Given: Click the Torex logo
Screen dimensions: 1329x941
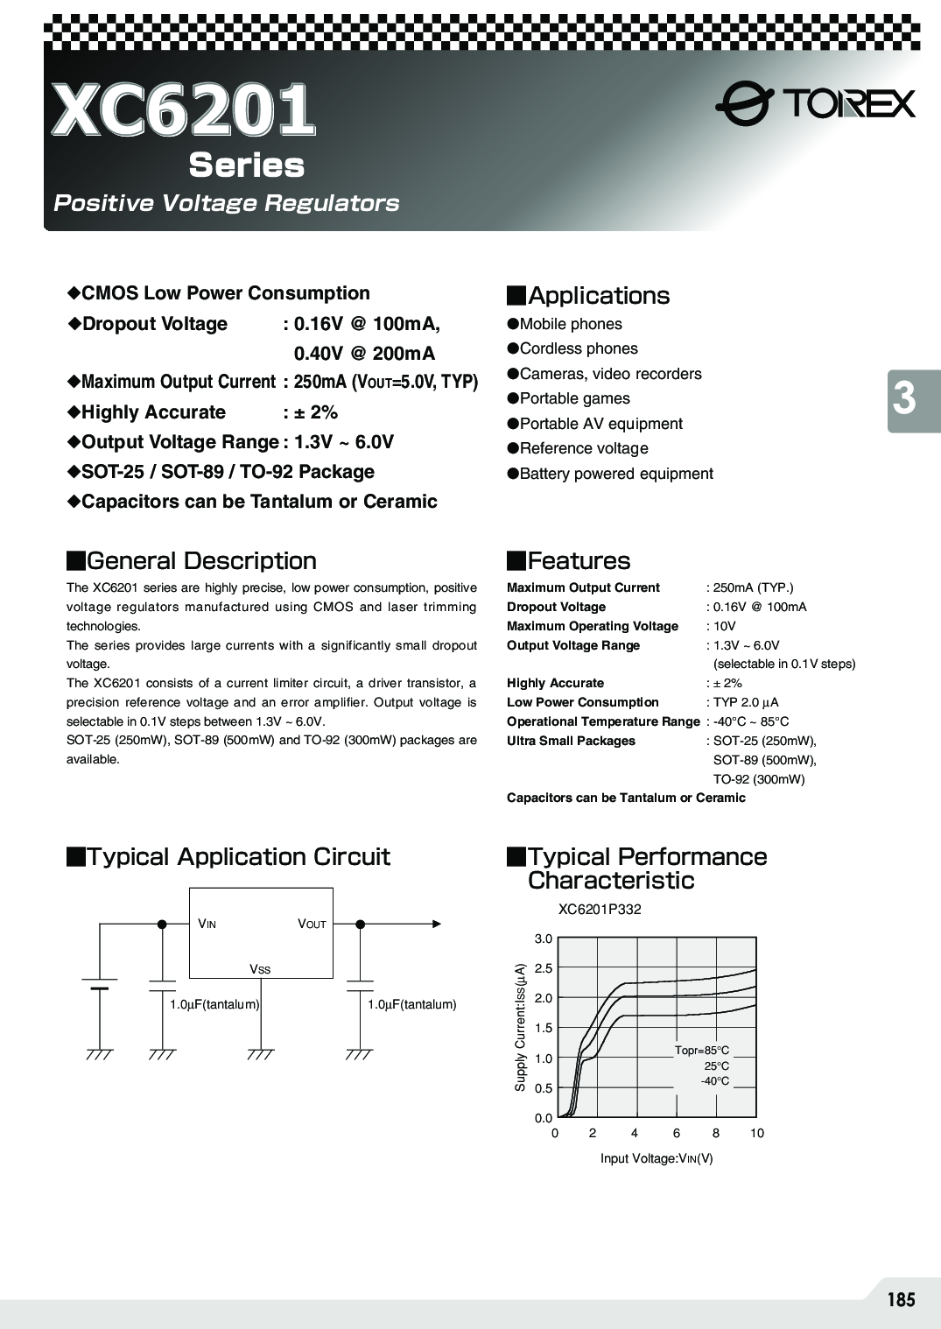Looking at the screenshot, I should pos(815,105).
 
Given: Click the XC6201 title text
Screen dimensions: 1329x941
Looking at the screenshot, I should pos(183,111).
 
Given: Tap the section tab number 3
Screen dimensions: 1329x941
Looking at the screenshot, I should pos(905,399).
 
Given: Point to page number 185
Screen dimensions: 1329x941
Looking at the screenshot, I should pos(900,1299).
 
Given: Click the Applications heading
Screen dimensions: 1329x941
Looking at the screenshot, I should pos(599,296).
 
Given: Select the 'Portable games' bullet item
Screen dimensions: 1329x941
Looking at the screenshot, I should pos(574,398).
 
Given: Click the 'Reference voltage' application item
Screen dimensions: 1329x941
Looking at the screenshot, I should pos(584,448).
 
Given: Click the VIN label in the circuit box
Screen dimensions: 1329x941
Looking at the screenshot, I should pos(207,924).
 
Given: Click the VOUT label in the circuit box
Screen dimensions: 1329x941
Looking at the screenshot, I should pos(312,924).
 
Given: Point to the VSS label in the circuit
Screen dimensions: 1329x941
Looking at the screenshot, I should pos(260,969).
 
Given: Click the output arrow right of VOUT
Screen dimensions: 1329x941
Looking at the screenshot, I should pos(436,924).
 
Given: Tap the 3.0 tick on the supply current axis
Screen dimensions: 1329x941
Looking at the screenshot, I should pos(544,939).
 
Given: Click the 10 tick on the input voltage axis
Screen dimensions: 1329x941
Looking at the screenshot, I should pos(756,1133).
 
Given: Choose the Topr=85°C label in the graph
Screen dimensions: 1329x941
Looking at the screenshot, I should pos(701,1051).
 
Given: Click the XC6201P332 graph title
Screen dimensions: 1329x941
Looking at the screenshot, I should pos(600,910).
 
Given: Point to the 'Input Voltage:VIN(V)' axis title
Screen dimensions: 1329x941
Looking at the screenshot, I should pos(657,1158).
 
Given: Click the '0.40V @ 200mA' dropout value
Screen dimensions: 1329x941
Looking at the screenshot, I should pos(364,354).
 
